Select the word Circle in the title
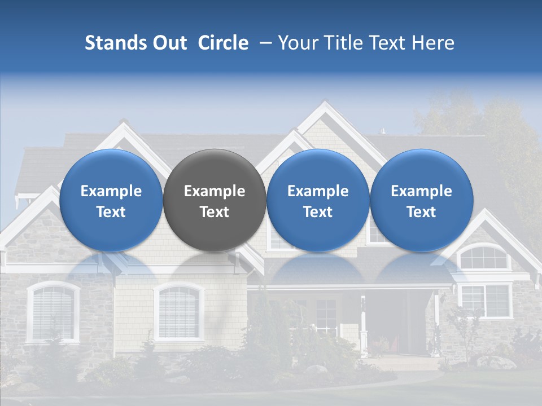point(223,43)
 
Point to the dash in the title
point(263,43)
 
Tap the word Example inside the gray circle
point(214,191)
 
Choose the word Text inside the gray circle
point(214,212)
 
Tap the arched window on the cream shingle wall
point(178,311)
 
